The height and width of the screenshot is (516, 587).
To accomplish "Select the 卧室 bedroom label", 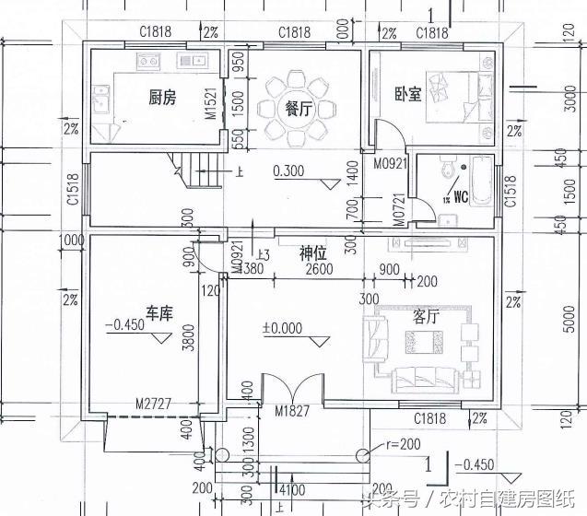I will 408,94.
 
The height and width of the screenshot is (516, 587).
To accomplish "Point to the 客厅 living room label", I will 425,317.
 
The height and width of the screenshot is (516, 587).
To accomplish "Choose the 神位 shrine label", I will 313,252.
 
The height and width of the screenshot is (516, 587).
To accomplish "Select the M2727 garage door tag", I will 153,403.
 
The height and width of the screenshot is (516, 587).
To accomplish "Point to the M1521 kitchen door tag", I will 211,105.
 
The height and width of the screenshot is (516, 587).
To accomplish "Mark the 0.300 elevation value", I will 289,171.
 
